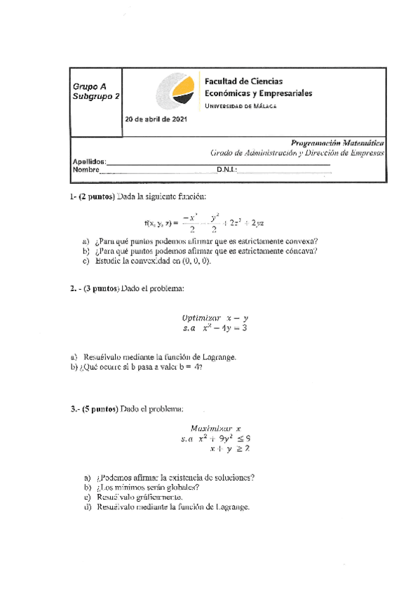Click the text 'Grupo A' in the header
pyautogui.click(x=90, y=86)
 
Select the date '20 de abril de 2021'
pyautogui.click(x=156, y=119)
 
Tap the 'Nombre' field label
pyautogui.click(x=86, y=170)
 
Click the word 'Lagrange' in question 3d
pyautogui.click(x=232, y=506)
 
